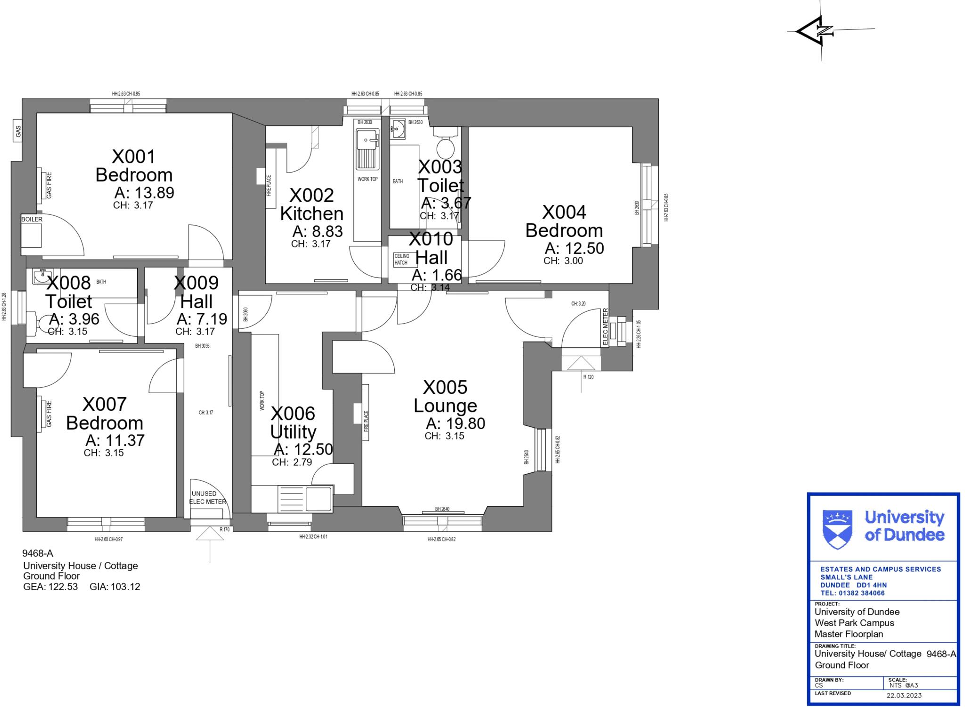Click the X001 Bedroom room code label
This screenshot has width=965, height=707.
pos(133,157)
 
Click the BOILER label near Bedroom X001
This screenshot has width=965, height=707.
pos(32,219)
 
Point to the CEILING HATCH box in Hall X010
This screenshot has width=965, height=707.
pos(401,259)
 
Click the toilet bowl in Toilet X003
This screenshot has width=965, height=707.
pos(445,148)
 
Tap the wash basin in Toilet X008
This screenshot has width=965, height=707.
pos(43,276)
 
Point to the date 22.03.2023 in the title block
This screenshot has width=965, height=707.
pos(904,695)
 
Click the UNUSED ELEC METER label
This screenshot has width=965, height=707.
pos(207,498)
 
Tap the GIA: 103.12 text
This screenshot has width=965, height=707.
pos(114,587)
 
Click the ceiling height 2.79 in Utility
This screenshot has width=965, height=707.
pos(302,462)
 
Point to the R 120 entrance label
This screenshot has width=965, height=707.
pos(588,377)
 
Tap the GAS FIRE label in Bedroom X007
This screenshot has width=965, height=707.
pos(49,414)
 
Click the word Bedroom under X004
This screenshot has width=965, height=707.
pos(564,231)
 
